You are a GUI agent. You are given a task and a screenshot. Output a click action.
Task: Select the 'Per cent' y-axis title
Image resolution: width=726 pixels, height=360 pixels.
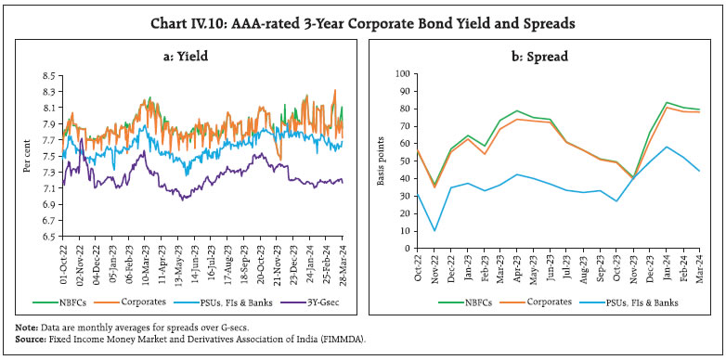pyautogui.click(x=27, y=155)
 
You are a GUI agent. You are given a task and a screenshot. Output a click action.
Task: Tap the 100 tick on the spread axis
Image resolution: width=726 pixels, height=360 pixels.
pyautogui.click(x=401, y=72)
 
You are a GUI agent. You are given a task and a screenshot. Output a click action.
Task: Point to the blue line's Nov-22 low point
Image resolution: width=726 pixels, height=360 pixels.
pyautogui.click(x=434, y=231)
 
